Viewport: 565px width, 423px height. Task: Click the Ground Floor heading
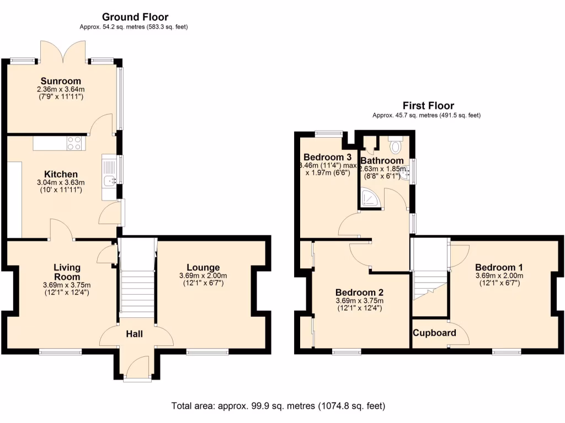[x=135, y=17]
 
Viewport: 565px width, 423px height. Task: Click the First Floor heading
[x=428, y=106]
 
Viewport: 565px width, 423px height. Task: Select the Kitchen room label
[x=61, y=174]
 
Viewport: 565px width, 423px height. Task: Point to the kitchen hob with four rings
[x=74, y=143]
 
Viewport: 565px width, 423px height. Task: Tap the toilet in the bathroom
[x=395, y=145]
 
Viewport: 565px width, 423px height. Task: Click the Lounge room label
[x=202, y=267]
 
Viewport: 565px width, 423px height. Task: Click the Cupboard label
[x=434, y=333]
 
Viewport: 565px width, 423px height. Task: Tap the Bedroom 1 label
[x=499, y=267]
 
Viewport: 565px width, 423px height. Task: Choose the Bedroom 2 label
[x=359, y=292]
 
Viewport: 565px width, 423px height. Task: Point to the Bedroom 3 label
[x=325, y=156]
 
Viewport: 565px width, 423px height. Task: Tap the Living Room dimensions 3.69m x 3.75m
[x=66, y=285]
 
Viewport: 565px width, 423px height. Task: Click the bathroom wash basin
[x=407, y=172]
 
